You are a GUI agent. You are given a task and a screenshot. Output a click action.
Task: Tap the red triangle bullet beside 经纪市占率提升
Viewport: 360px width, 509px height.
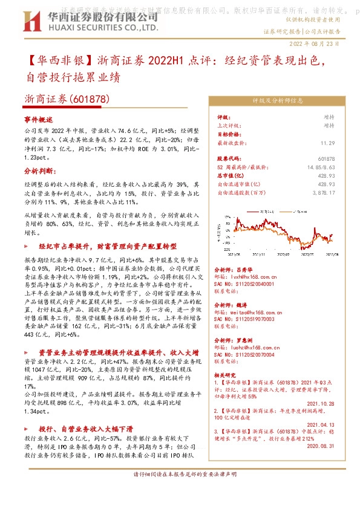(x=26, y=247)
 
